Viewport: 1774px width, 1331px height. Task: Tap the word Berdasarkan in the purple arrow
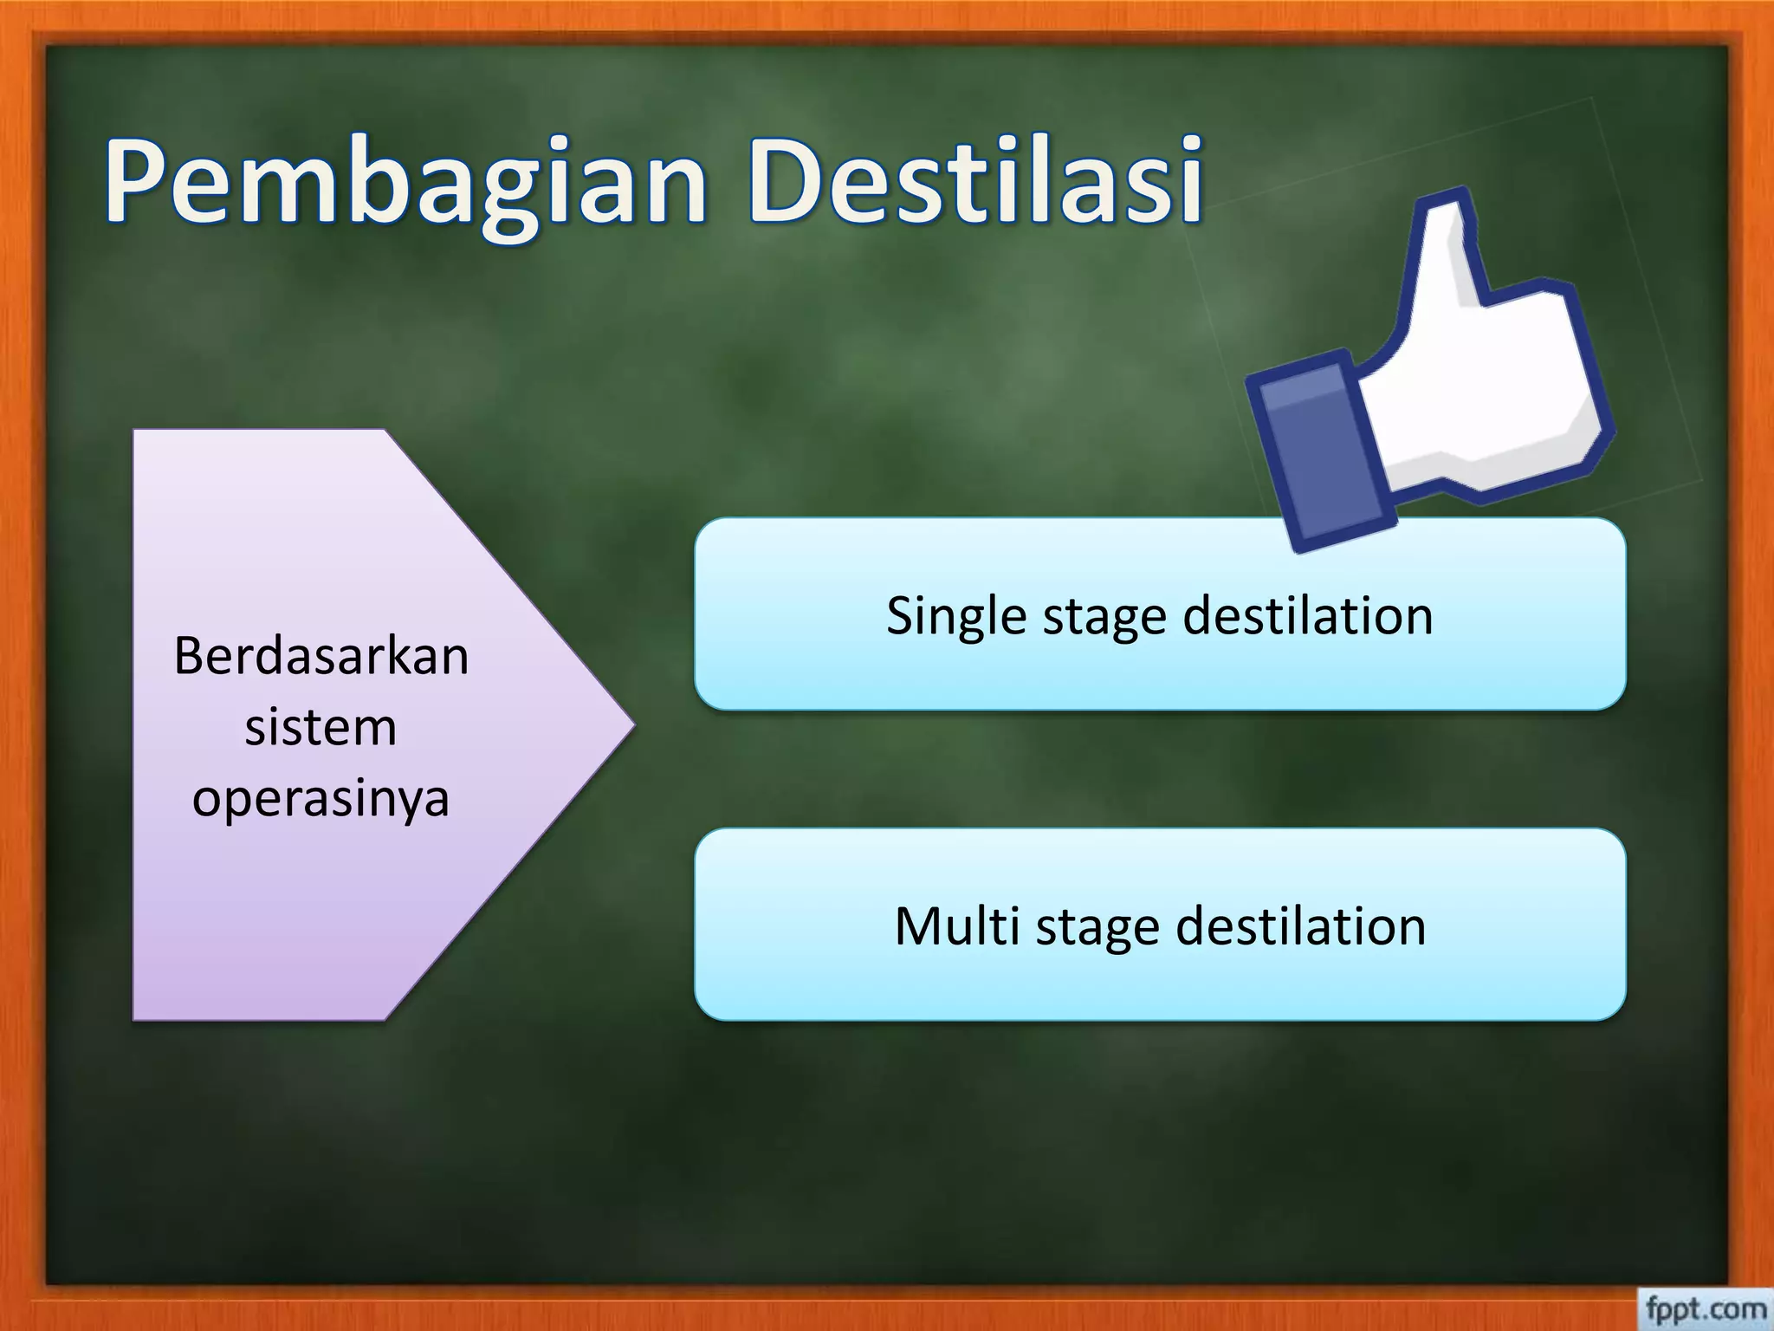pyautogui.click(x=321, y=656)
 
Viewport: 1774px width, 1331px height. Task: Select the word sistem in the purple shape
pyautogui.click(x=320, y=727)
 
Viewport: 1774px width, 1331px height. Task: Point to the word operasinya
pyautogui.click(x=320, y=799)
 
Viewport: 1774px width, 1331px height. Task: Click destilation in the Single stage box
pyautogui.click(x=1308, y=615)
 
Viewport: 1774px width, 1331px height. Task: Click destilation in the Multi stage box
pyautogui.click(x=1300, y=925)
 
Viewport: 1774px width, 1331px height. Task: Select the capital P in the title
pyautogui.click(x=139, y=182)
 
